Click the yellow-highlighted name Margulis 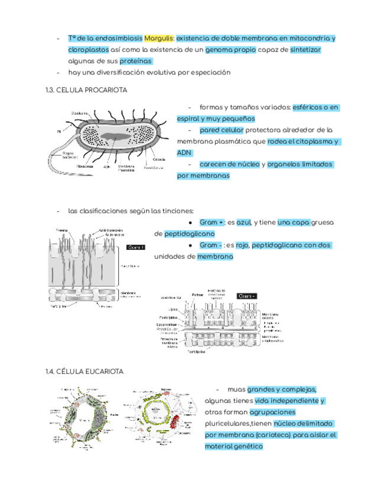tap(159, 38)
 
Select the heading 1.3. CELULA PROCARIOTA tap(86, 90)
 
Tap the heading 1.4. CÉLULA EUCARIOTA tap(84, 371)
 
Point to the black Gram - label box tap(248, 295)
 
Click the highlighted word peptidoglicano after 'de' tap(190, 234)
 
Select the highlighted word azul tap(243, 223)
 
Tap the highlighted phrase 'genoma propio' tap(231, 50)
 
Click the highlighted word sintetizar tap(305, 50)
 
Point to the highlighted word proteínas tap(135, 61)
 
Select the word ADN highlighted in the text tap(184, 152)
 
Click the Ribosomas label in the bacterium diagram tap(85, 166)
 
